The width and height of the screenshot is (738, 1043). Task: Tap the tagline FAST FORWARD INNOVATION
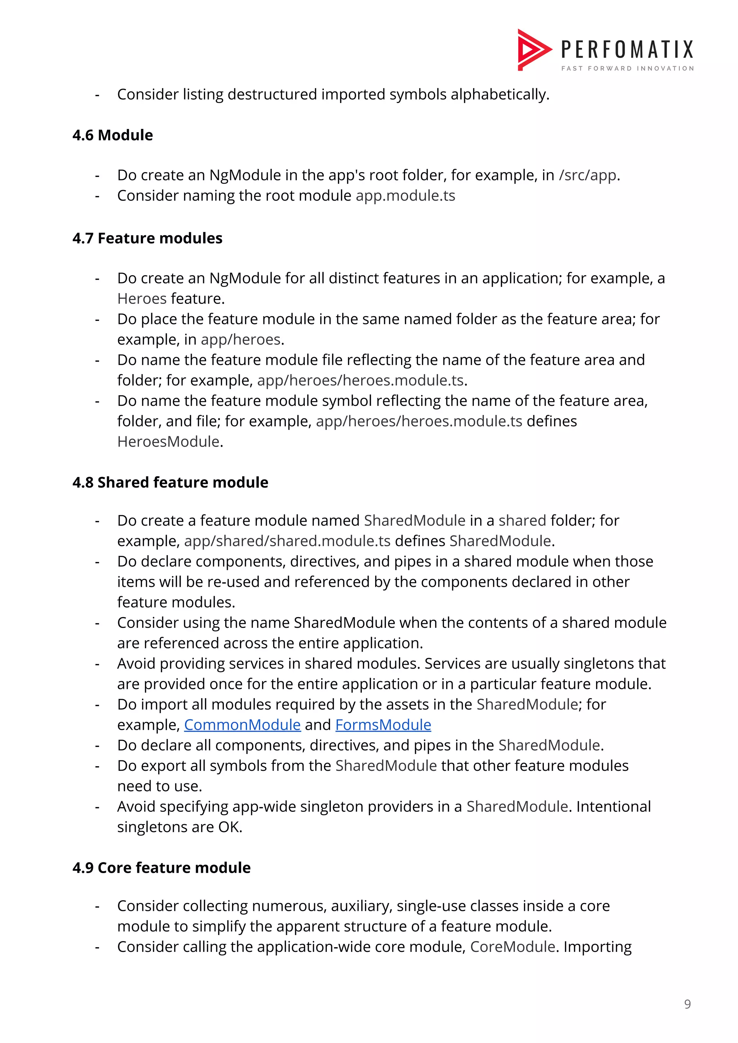click(627, 69)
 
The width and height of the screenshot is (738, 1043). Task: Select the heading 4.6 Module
click(112, 135)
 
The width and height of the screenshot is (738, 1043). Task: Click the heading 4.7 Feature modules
click(147, 238)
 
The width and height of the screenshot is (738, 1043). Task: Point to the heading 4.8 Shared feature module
click(170, 482)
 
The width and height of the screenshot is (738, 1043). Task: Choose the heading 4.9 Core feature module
click(161, 868)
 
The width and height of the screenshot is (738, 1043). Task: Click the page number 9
click(687, 1004)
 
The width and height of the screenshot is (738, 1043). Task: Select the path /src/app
click(587, 175)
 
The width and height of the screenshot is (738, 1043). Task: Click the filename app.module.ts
click(405, 196)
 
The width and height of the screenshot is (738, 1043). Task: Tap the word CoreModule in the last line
click(512, 947)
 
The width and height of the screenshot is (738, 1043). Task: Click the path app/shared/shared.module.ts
click(287, 541)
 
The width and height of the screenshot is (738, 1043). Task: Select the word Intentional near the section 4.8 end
click(613, 807)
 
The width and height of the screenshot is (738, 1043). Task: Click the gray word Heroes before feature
click(142, 299)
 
